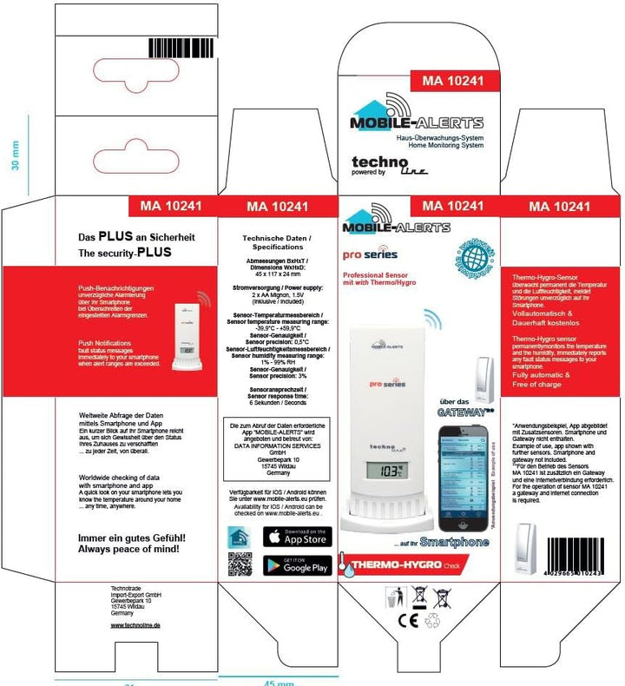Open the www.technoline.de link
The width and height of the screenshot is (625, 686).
pyautogui.click(x=135, y=624)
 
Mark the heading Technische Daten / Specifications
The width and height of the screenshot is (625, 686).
pyautogui.click(x=272, y=241)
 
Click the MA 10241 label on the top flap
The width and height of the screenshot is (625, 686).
pyautogui.click(x=451, y=82)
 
